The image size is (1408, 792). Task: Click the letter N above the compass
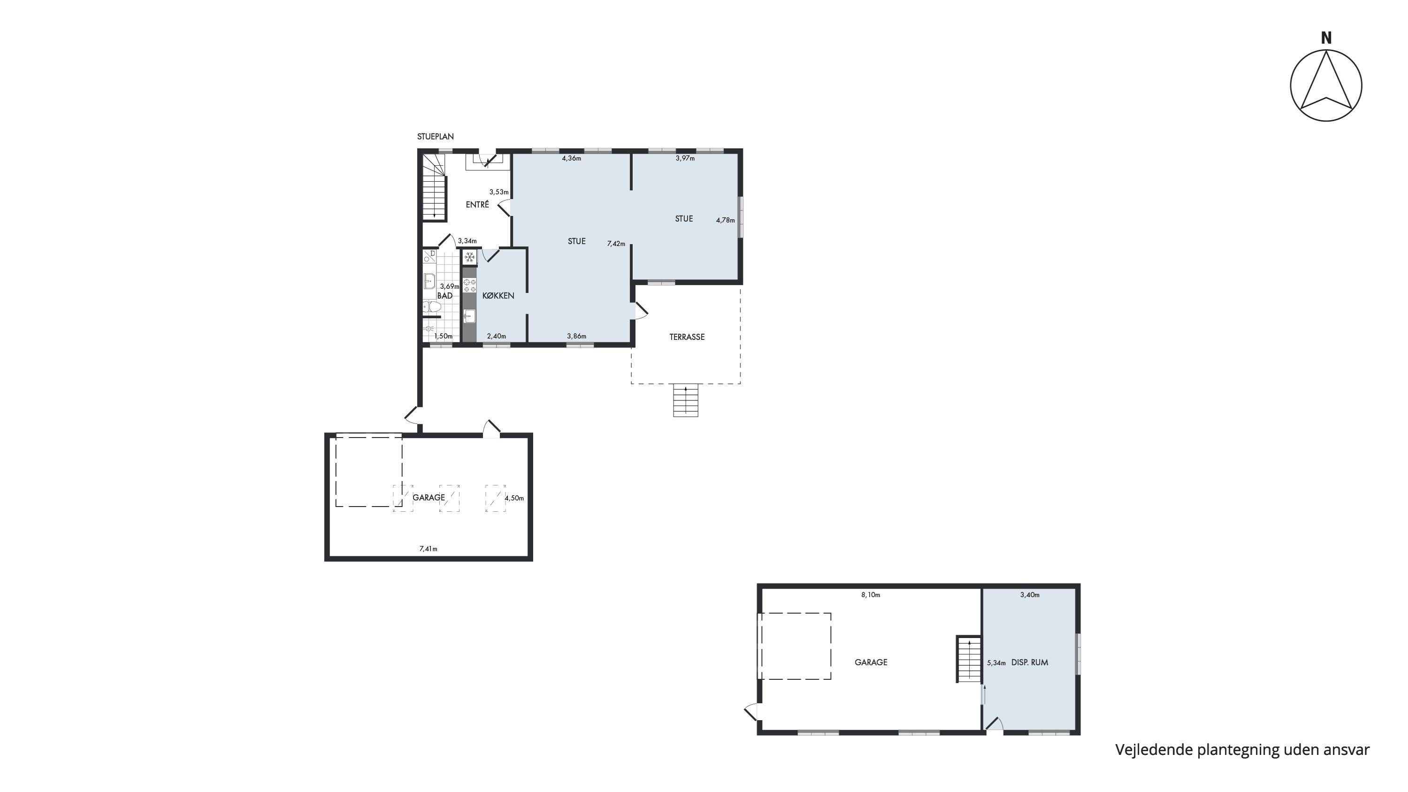1326,38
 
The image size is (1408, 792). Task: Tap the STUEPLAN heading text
435,137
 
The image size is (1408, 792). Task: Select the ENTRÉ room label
477,204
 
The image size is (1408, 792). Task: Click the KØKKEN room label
498,296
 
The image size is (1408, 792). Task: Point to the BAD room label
445,296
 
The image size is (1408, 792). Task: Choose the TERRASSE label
687,337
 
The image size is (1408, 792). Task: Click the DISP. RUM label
1030,662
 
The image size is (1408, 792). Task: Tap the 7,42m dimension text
616,244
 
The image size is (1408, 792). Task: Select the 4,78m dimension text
725,220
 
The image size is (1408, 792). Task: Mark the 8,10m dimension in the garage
871,595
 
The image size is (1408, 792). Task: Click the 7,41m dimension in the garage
429,549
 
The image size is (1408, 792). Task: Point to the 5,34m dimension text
996,663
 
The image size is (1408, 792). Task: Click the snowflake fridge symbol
469,257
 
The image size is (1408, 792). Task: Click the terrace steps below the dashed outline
685,400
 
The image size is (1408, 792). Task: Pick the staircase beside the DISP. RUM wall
969,659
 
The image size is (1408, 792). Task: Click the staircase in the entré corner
435,187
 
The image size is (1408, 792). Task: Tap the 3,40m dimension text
1030,595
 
